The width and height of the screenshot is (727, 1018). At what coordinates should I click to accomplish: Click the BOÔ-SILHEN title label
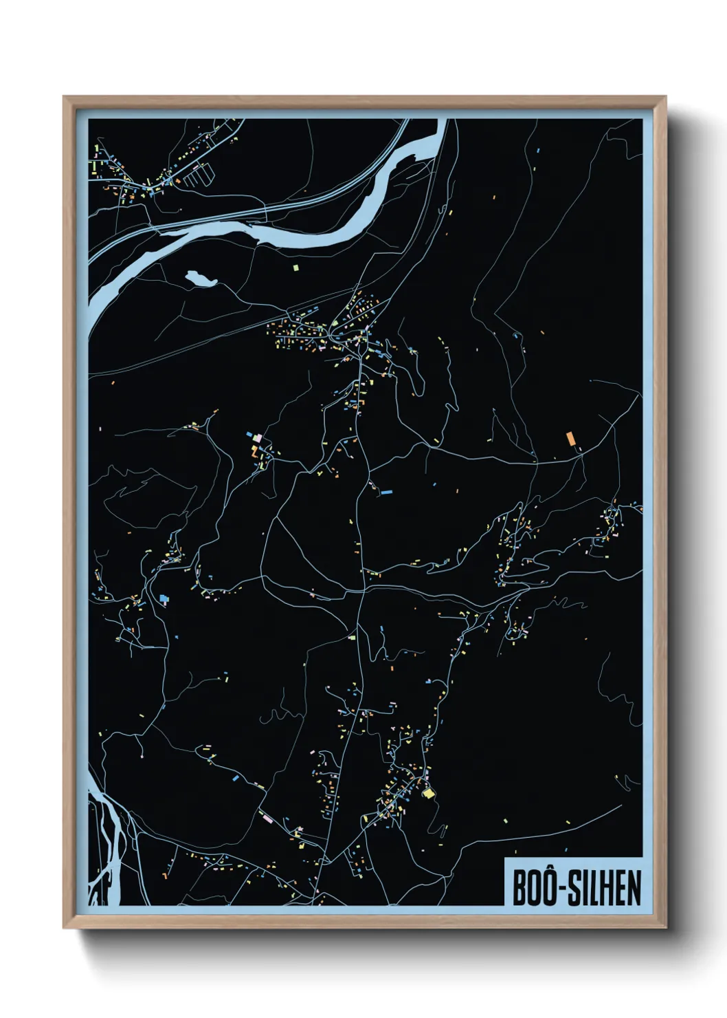tap(576, 888)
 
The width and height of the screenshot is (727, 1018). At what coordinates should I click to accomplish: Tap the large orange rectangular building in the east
tap(570, 439)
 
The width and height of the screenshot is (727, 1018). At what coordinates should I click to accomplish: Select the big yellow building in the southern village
tap(429, 794)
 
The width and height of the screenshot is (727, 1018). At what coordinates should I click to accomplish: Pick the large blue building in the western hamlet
tap(164, 598)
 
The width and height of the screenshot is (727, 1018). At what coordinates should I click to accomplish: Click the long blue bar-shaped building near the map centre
tap(386, 492)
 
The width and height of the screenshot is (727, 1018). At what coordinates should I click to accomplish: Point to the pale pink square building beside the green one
tap(258, 437)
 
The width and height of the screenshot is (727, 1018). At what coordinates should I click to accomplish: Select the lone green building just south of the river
tap(296, 267)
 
